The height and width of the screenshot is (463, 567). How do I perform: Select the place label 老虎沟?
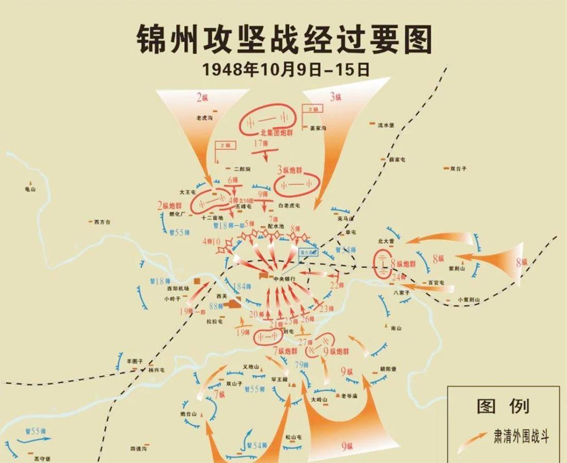(205, 118)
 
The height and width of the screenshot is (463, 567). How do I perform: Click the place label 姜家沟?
(317, 128)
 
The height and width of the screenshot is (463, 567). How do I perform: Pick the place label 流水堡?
(386, 125)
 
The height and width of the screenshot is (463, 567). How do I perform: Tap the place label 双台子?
(458, 168)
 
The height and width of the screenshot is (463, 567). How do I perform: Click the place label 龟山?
(31, 189)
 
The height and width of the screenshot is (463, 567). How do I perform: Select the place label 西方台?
(102, 222)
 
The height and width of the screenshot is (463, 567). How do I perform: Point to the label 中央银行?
(285, 279)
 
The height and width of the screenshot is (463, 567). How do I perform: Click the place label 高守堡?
(43, 458)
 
